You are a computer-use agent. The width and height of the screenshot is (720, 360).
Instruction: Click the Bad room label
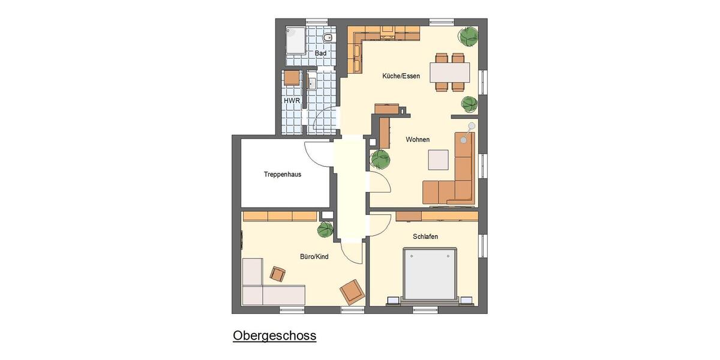(x=321, y=53)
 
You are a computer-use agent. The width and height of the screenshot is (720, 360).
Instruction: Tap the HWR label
(x=292, y=100)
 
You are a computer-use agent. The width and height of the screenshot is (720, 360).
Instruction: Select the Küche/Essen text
(x=401, y=76)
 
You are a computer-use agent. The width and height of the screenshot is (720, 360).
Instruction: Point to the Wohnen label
(x=418, y=140)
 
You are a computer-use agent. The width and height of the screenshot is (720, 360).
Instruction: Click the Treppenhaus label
(x=282, y=175)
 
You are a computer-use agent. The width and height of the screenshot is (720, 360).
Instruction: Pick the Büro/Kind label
(x=314, y=257)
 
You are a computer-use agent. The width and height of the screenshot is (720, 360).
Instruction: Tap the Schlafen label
(x=425, y=236)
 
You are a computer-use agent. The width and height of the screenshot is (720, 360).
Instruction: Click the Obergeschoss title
(x=274, y=335)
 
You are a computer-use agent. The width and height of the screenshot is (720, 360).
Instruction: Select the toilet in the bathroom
(x=328, y=38)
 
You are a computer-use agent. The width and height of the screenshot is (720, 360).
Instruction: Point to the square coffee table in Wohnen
(x=437, y=160)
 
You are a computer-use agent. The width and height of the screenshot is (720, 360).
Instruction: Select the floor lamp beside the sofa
(x=471, y=127)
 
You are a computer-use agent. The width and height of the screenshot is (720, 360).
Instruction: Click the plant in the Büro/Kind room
(x=325, y=229)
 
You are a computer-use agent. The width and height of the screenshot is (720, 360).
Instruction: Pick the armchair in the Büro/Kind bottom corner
(x=352, y=292)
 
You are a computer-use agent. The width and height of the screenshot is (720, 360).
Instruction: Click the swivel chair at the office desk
(x=278, y=274)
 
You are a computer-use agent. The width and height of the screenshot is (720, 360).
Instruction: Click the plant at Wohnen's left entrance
(x=380, y=159)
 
